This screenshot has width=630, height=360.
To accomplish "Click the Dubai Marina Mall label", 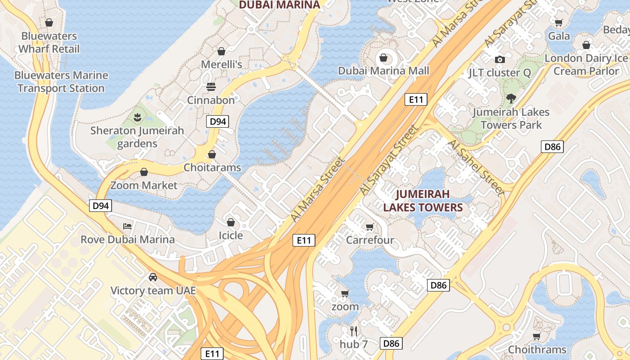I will (x=383, y=71).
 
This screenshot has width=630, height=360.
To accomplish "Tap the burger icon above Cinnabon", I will (x=211, y=86).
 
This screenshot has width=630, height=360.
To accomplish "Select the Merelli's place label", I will (x=221, y=64).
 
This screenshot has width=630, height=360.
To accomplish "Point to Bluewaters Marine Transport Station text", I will (x=61, y=81).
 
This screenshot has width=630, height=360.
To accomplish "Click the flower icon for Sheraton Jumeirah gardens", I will (x=137, y=117).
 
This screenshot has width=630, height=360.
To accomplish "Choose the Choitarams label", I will (x=212, y=167).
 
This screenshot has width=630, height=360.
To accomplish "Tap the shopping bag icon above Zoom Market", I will (x=144, y=172).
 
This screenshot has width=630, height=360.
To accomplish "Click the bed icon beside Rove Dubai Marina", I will (x=128, y=226).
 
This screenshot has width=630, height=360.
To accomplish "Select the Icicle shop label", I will (x=231, y=235).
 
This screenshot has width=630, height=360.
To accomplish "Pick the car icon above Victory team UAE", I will (x=153, y=277).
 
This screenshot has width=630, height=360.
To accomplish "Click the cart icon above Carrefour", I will (x=370, y=227).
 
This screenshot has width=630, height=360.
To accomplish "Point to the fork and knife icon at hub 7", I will (x=354, y=331).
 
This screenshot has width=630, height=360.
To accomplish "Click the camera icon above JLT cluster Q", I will (x=499, y=59).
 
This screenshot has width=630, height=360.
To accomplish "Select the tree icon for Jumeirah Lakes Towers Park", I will (x=511, y=98).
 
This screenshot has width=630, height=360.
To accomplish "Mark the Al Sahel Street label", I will (x=476, y=167).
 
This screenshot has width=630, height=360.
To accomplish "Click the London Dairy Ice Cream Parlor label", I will (x=586, y=64).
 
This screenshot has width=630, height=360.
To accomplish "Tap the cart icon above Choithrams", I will (x=536, y=336).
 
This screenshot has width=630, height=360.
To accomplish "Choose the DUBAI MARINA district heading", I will (x=279, y=5).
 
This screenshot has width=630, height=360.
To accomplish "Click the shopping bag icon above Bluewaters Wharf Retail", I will (x=49, y=22).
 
